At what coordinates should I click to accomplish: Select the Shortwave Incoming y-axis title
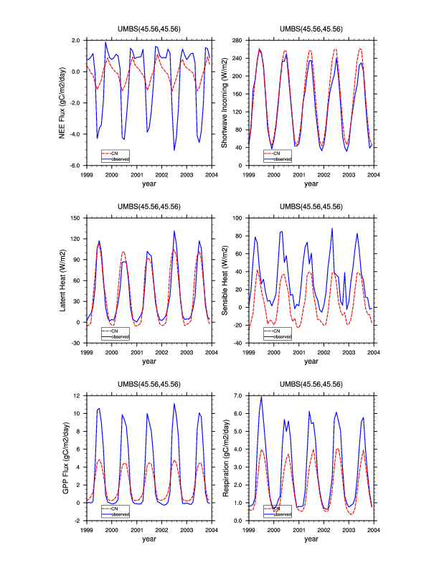pyautogui.click(x=224, y=103)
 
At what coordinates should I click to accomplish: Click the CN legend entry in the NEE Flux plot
pyautogui.click(x=115, y=153)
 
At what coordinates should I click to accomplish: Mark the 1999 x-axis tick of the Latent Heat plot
pyautogui.click(x=87, y=352)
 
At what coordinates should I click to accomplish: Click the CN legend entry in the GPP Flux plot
pyautogui.click(x=115, y=508)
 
